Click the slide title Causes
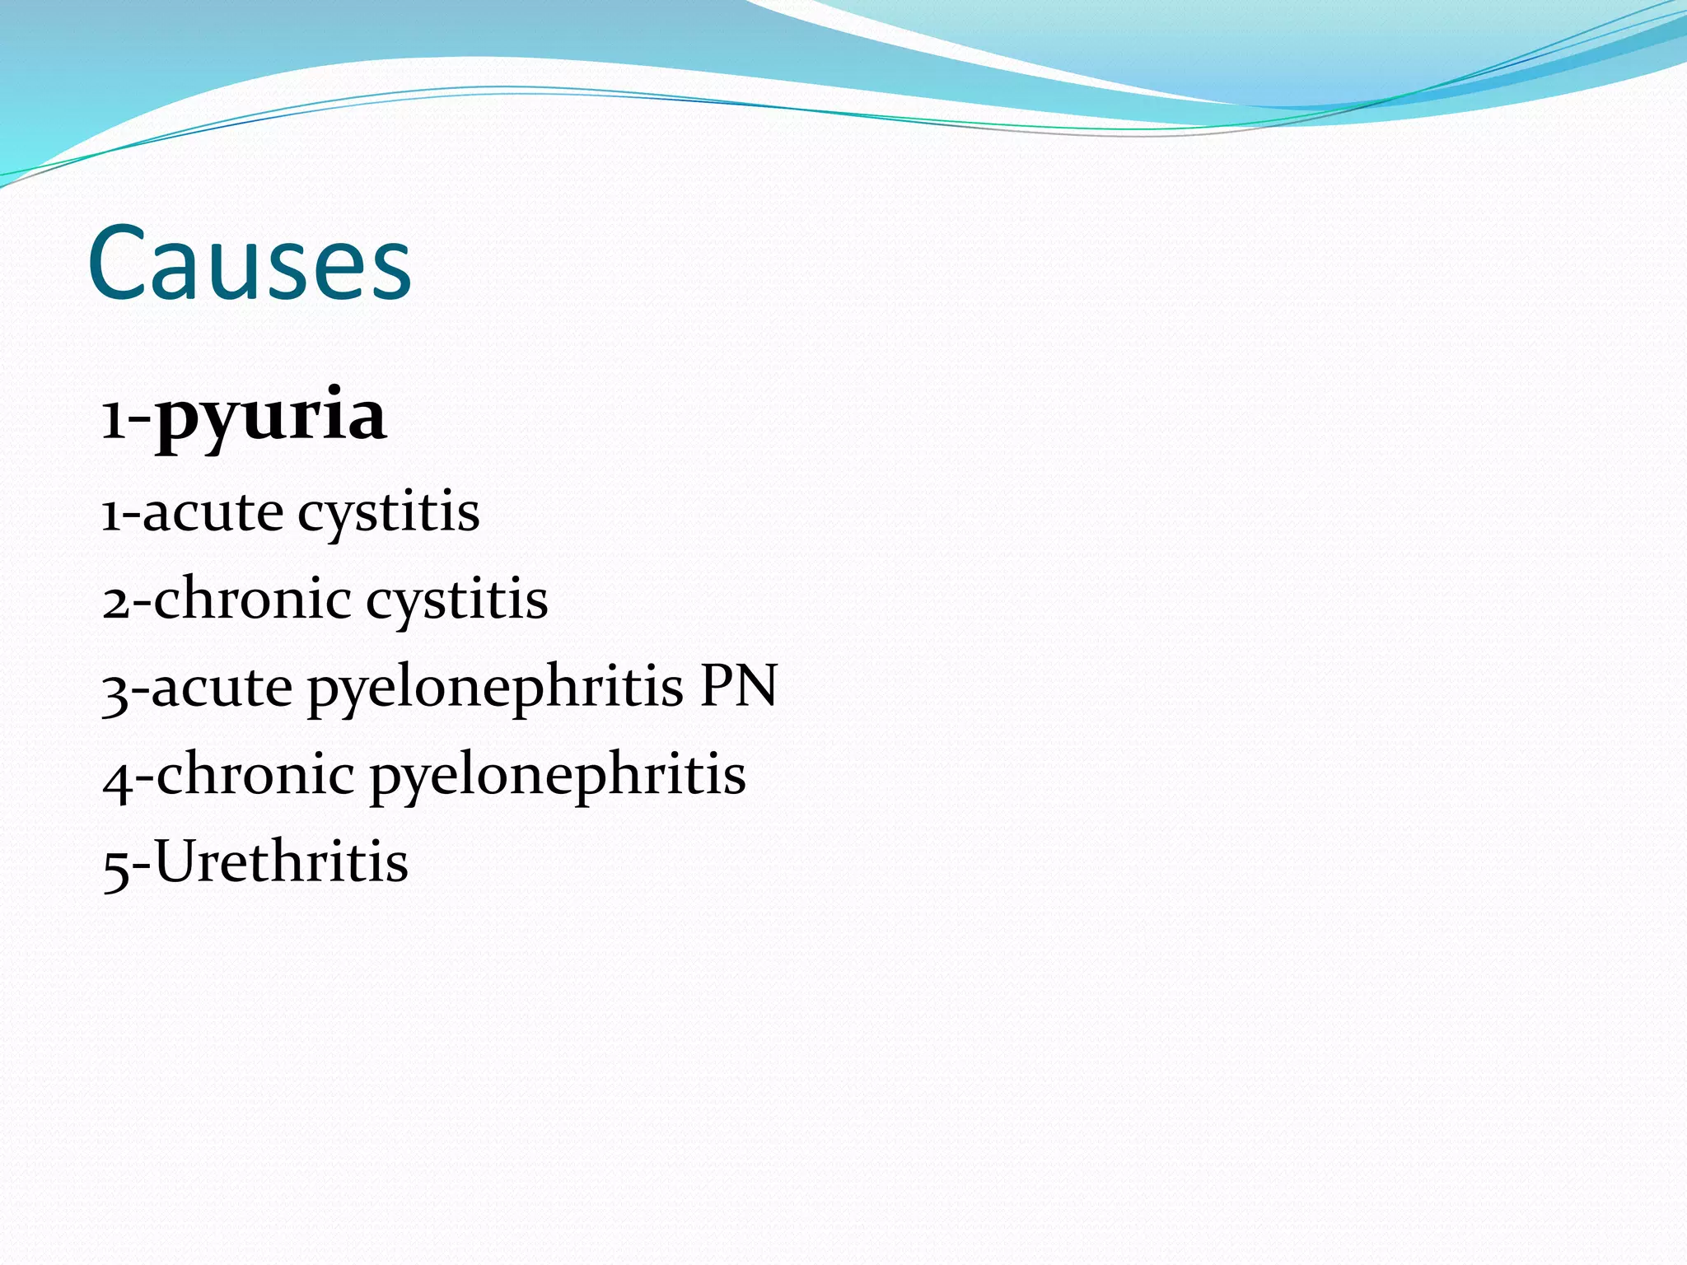(249, 264)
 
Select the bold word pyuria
(271, 417)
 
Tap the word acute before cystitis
(213, 512)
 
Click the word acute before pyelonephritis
(222, 687)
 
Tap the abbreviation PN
(738, 685)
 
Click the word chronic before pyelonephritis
(255, 774)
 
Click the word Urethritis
(281, 861)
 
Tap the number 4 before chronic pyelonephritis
(116, 779)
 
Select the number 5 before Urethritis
(115, 868)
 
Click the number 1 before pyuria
(112, 421)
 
